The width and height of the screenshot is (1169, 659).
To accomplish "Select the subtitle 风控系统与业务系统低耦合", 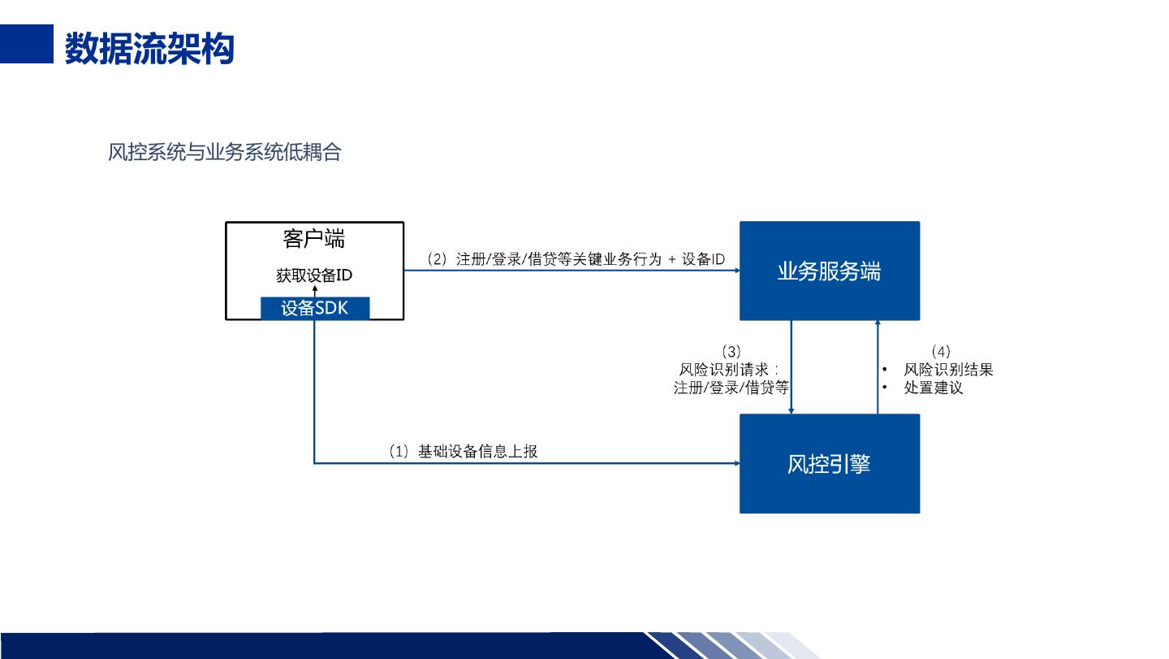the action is tap(224, 152).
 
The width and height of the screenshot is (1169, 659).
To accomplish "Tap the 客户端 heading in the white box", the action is tap(313, 239).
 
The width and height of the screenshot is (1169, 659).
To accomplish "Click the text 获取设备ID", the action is tap(314, 275).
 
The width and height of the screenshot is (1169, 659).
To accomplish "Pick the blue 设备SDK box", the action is tap(315, 308).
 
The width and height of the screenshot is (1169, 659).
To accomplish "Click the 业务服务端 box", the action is tap(829, 271).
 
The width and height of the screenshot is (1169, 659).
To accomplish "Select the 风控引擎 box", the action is tap(829, 464).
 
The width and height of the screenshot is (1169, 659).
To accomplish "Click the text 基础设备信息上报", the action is tap(477, 452).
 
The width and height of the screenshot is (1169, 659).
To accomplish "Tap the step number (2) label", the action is tap(437, 259).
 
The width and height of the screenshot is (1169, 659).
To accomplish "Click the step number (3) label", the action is tap(731, 352).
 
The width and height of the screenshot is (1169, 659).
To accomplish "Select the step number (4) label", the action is tap(940, 352).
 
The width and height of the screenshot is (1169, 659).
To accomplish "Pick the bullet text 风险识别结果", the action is tap(948, 370).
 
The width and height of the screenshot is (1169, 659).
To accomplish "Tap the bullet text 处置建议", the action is tap(934, 388).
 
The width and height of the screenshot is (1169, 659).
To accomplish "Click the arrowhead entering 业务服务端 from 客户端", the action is tap(735, 271).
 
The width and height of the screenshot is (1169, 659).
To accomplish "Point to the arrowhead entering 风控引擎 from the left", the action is tap(735, 464).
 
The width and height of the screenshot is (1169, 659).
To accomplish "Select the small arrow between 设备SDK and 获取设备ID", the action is tap(315, 290).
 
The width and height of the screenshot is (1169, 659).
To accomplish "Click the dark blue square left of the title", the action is tap(26, 43).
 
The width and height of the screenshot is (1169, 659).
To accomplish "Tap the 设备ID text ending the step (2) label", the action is tap(703, 259).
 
